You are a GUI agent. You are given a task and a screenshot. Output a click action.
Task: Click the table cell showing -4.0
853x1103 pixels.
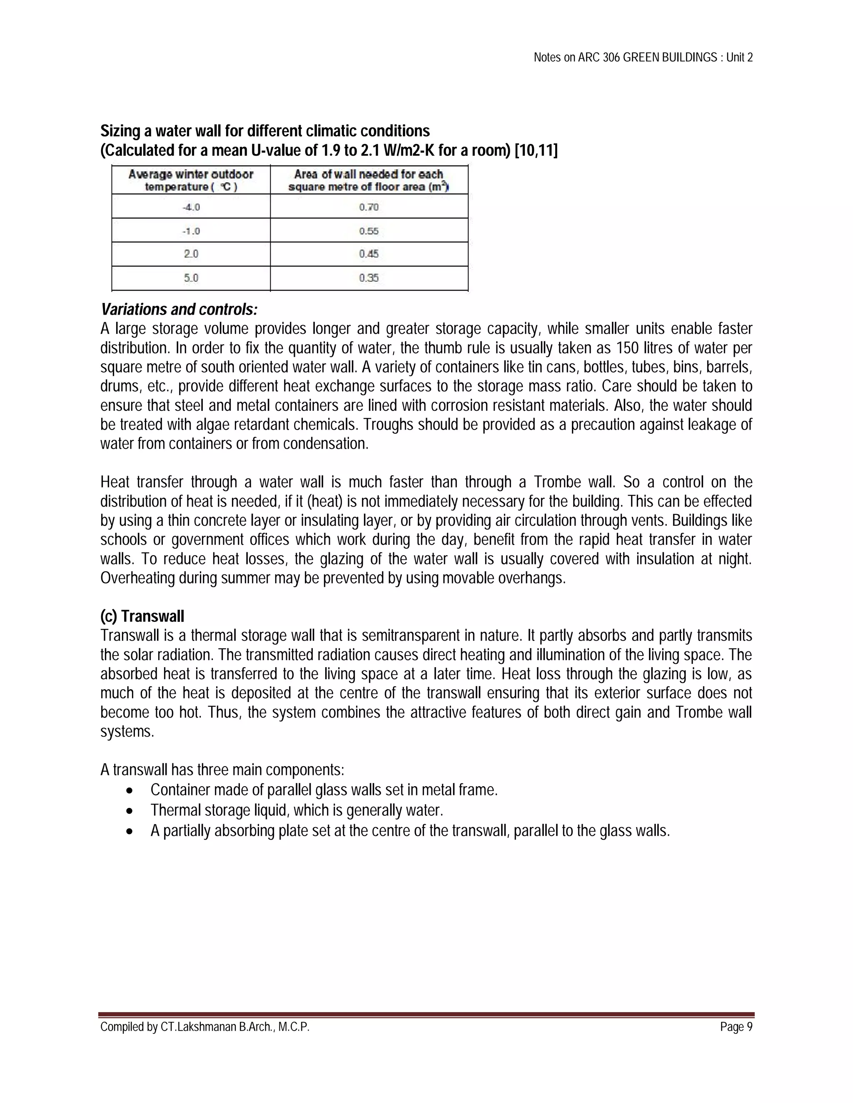[191, 207]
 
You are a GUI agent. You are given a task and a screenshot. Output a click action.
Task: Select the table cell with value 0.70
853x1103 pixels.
[369, 207]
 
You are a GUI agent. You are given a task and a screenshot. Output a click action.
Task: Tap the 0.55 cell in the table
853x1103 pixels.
[369, 231]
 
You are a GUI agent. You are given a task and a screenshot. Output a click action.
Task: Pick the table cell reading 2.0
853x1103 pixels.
[191, 254]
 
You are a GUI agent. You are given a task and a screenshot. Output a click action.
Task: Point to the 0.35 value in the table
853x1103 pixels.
[369, 278]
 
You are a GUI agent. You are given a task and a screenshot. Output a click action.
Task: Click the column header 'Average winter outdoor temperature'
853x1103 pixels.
[191, 180]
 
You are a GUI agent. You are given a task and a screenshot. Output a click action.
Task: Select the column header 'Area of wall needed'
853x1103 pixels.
[369, 180]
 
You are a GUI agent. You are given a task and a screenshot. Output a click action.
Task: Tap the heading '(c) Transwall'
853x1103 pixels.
[142, 616]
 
